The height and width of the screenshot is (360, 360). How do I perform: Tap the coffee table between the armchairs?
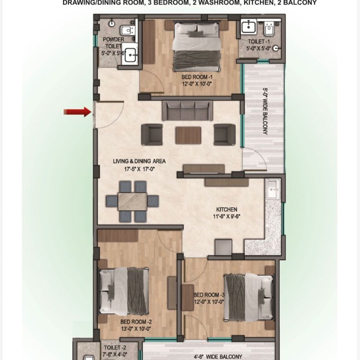coord(188,134)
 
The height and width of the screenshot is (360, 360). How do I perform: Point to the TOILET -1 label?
coord(258,41)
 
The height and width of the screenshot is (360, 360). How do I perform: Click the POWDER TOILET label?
coord(113,43)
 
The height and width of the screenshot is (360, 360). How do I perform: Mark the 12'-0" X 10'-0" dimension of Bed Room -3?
coord(208,301)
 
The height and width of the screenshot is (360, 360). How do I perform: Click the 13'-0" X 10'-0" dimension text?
coord(136,329)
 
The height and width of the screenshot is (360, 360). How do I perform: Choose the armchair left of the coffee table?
coord(152,134)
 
